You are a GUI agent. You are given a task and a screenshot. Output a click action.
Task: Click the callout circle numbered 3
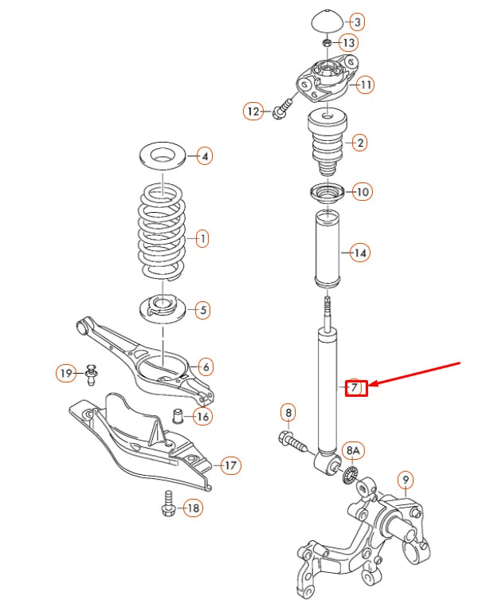(357, 22)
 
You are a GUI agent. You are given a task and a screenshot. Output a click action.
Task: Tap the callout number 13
(349, 42)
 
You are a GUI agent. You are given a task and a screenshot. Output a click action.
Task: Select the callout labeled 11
(365, 84)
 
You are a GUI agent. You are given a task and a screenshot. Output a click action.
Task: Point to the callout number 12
(254, 112)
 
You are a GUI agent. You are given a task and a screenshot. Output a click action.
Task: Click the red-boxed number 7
(356, 388)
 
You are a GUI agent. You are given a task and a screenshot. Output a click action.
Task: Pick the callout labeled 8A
(353, 450)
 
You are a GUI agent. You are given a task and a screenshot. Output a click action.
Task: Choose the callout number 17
(230, 465)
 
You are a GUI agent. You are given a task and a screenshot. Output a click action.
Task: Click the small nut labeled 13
(327, 42)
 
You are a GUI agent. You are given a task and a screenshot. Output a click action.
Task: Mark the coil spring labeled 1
(163, 237)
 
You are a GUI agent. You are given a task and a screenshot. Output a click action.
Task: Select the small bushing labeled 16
(179, 415)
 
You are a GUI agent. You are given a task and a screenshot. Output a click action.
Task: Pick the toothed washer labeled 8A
(347, 476)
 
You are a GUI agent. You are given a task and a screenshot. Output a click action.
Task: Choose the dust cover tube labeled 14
(327, 251)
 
